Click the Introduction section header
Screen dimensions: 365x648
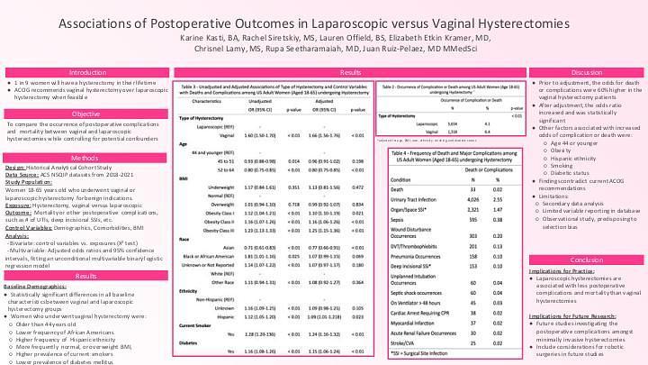tap(86, 72)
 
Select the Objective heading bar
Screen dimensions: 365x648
tap(86, 114)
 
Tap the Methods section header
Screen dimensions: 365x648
tap(86, 157)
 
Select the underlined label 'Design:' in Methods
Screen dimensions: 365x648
tap(15, 168)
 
